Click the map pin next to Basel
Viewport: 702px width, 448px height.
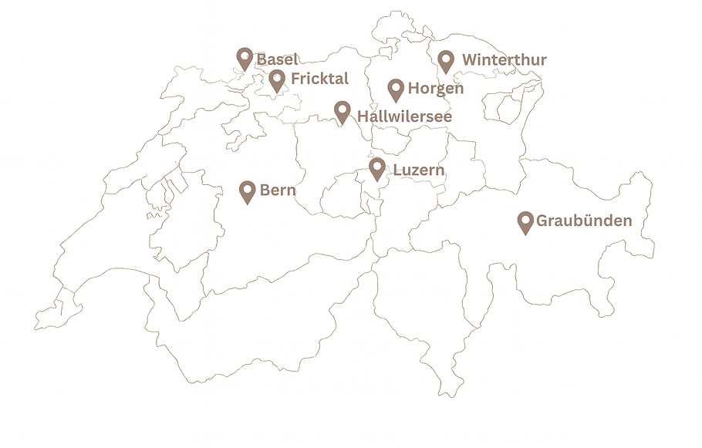[245, 59]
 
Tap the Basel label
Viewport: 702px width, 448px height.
[277, 59]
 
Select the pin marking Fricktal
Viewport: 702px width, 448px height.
[277, 79]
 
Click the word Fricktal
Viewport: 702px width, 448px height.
[319, 79]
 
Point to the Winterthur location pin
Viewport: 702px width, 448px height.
[446, 61]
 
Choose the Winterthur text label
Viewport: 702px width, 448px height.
[505, 59]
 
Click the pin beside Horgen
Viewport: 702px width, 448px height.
[396, 89]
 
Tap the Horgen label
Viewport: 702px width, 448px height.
[436, 89]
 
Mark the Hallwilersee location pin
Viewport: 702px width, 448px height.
[343, 113]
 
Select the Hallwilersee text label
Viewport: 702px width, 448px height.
[404, 116]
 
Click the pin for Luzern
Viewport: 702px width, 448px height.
[377, 168]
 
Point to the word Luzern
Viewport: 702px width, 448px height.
[419, 170]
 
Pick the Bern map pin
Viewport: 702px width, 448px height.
[248, 191]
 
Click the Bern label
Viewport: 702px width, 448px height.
[278, 190]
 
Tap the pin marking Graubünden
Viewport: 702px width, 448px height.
[525, 222]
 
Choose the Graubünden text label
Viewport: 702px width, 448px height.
[584, 221]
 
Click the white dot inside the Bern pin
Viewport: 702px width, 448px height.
[248, 188]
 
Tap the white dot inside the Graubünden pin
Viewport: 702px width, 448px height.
[525, 219]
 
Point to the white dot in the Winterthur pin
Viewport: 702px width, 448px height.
[446, 58]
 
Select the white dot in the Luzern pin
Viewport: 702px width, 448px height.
[377, 165]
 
